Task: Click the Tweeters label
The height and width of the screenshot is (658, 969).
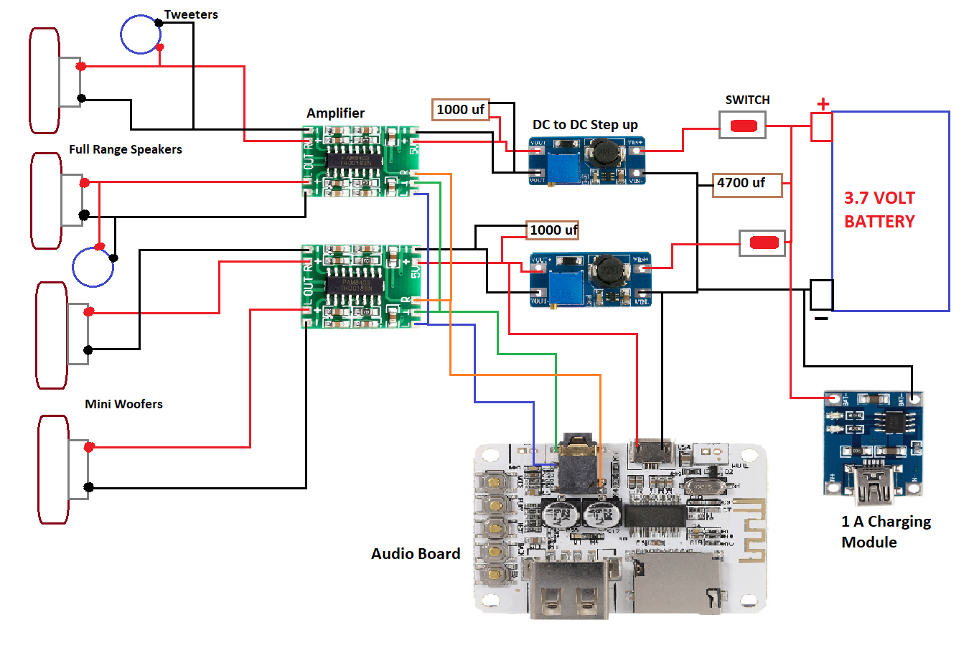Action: (x=190, y=14)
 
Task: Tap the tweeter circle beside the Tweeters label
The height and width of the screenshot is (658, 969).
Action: (x=140, y=34)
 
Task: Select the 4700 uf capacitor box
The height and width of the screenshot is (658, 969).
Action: (x=746, y=184)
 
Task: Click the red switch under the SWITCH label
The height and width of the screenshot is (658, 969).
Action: (x=743, y=126)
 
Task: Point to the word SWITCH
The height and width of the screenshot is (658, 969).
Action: (x=747, y=100)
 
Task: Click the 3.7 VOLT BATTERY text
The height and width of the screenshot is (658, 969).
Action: (x=879, y=210)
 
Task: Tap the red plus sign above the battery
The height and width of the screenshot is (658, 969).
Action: (x=823, y=104)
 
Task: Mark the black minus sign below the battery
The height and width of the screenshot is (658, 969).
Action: (x=821, y=318)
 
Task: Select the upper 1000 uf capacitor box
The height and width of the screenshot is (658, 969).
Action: (x=461, y=109)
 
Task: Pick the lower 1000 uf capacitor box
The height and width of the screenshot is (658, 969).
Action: (x=553, y=230)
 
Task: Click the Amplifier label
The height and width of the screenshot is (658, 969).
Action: (x=335, y=113)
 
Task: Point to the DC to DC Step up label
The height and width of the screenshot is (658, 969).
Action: (x=585, y=124)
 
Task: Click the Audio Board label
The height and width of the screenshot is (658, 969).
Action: (x=416, y=553)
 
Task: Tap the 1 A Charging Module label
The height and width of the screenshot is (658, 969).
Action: (x=885, y=532)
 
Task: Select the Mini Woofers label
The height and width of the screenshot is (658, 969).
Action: (x=123, y=404)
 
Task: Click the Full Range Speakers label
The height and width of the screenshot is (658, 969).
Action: (x=125, y=149)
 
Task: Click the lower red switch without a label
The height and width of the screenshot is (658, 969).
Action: (x=763, y=243)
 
